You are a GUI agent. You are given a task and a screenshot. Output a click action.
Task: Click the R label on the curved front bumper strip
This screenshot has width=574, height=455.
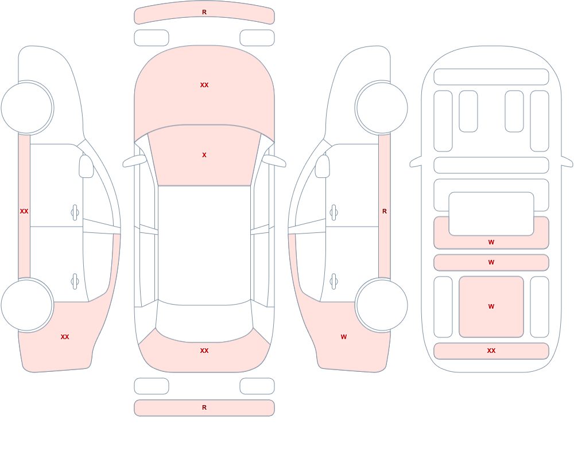tap(204, 12)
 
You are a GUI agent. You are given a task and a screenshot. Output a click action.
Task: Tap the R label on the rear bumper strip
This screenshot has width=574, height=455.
tap(204, 407)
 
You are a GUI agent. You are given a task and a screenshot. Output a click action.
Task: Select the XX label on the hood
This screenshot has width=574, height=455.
tap(204, 85)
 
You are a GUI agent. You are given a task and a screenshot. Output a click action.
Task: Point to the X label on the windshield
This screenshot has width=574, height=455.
tap(204, 155)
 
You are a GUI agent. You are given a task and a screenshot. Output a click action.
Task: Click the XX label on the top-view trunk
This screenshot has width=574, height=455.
tap(204, 351)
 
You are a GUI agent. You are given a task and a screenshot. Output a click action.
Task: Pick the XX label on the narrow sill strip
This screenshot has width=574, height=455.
tap(24, 211)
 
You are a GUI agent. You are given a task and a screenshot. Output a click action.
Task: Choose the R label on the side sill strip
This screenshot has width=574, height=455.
tap(385, 211)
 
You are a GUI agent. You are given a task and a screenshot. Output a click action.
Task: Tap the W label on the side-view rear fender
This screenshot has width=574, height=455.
tap(343, 337)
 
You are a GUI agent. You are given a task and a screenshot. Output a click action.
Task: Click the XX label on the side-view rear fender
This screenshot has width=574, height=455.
tap(65, 337)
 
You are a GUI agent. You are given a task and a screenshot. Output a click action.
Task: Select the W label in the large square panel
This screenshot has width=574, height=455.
tap(491, 306)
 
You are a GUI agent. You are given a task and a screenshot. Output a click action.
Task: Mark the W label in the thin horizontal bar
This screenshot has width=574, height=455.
tap(491, 262)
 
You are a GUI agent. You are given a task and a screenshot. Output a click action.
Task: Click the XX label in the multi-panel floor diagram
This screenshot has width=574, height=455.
tap(491, 351)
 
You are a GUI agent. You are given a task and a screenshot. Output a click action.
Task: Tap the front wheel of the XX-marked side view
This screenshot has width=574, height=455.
tap(27, 108)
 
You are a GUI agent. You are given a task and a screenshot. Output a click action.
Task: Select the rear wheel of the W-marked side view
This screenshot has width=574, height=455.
tap(382, 305)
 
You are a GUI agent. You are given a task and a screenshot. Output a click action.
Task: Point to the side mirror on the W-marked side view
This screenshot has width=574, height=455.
tap(322, 166)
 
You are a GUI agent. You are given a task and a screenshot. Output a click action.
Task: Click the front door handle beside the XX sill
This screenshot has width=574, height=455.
tap(75, 213)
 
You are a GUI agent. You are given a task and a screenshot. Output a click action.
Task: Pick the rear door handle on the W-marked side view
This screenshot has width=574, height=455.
tap(333, 282)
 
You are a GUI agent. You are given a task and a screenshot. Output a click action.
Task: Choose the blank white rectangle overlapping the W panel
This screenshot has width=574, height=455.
tap(491, 214)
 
